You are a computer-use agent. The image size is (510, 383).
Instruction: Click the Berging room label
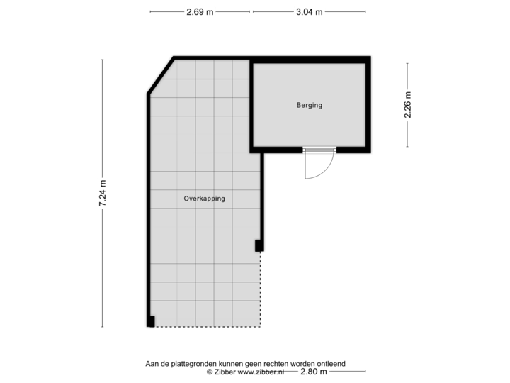[309, 106]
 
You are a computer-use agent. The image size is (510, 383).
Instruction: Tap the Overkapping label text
[204, 199]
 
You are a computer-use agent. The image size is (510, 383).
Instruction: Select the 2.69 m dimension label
[199, 12]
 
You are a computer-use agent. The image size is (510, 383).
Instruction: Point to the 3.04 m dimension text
[309, 12]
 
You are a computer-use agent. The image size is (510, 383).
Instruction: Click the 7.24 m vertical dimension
[103, 193]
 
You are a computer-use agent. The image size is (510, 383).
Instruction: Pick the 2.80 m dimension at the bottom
[313, 372]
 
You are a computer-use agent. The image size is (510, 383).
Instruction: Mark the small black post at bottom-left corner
[149, 323]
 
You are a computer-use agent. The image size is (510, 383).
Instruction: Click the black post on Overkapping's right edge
[259, 246]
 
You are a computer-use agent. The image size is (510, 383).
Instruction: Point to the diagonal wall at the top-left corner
[159, 74]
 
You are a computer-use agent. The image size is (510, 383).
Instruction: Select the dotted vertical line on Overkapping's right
[261, 291]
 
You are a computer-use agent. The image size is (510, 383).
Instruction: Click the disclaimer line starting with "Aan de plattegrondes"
[244, 363]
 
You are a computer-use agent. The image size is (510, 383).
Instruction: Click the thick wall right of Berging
[369, 106]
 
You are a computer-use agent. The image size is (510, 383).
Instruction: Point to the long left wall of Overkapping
[147, 206]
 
